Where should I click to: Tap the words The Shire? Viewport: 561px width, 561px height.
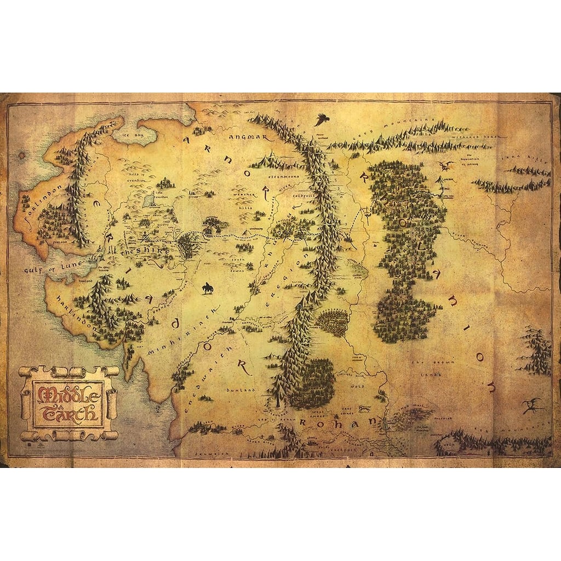pos(141,251)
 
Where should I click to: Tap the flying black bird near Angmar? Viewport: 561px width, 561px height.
pos(322,119)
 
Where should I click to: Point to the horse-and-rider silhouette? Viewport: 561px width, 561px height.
pos(208,288)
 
